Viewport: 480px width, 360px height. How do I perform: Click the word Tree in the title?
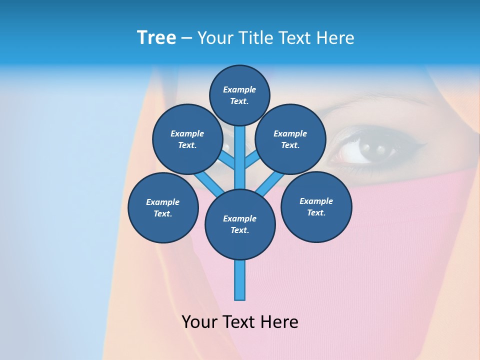tap(156, 37)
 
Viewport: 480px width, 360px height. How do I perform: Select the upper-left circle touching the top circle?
tap(187, 139)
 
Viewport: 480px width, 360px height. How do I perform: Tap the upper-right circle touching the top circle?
tap(290, 139)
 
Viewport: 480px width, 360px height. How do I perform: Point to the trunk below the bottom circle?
tap(240, 280)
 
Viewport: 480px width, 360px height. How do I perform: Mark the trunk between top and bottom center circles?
tap(240, 160)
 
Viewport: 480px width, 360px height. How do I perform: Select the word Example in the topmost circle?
tap(239, 89)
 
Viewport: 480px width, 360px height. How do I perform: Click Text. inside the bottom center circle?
tap(240, 230)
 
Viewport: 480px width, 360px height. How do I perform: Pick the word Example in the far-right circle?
tap(316, 201)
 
